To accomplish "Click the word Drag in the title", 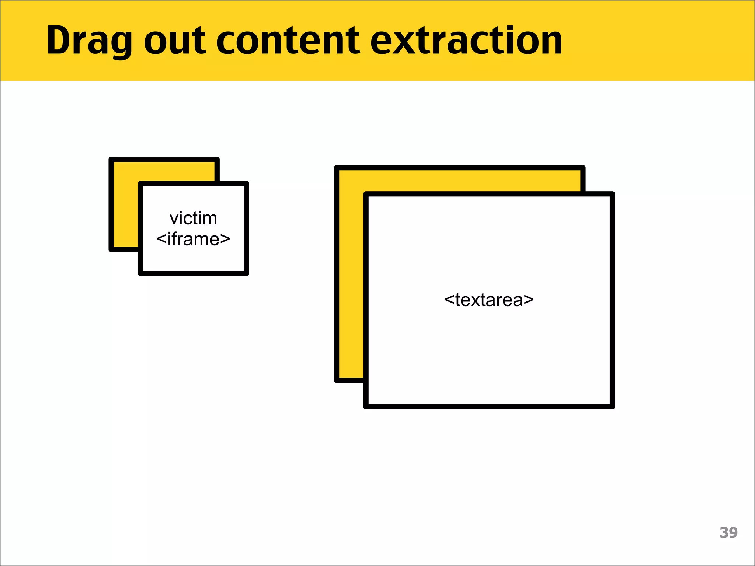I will click(88, 41).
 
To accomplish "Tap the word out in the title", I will click(174, 41).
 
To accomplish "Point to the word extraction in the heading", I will click(466, 41).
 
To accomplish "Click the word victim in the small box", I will click(193, 219).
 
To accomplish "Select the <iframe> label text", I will click(193, 239).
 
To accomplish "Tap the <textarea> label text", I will click(489, 300).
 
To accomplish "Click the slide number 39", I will click(728, 532).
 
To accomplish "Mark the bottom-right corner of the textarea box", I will click(612, 406).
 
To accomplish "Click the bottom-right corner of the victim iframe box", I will click(247, 273).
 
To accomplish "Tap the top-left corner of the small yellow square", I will click(111, 160).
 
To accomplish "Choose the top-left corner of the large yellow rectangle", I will click(337, 168).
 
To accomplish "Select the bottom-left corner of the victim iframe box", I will click(140, 273).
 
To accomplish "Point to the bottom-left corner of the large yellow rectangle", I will click(337, 380).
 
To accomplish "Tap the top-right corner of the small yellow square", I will click(218, 160).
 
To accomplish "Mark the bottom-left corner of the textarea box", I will click(366, 406).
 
